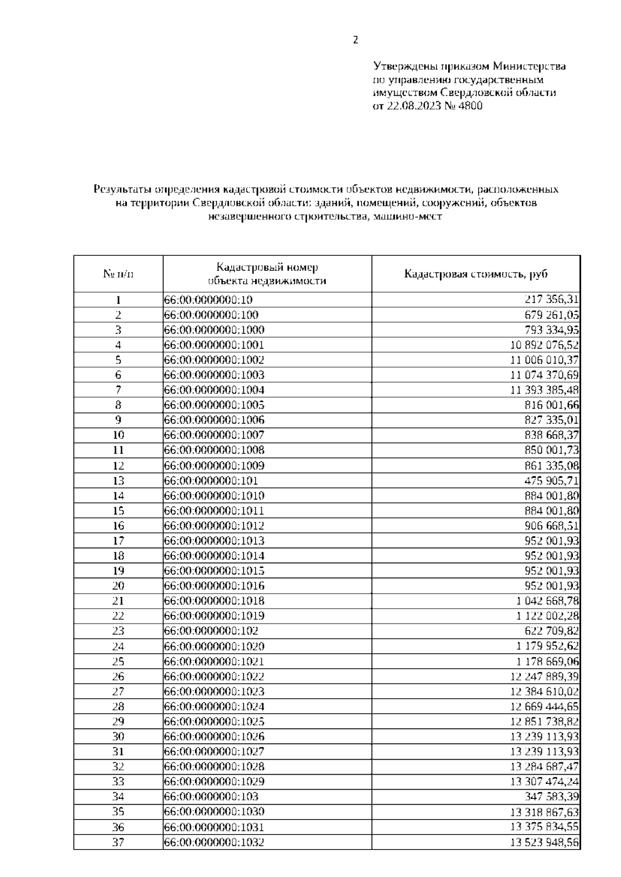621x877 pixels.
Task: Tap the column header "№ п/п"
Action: (x=118, y=274)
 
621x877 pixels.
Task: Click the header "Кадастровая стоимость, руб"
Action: (x=476, y=274)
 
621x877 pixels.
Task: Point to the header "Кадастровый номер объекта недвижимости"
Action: (x=267, y=274)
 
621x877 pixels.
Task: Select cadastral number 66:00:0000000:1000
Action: (x=214, y=330)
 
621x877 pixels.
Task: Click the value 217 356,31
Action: (x=552, y=300)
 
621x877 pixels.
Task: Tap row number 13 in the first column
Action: (x=118, y=480)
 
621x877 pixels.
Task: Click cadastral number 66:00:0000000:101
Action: (x=211, y=480)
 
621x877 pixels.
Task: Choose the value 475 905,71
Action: (x=552, y=480)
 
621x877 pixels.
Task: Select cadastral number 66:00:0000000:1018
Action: (x=214, y=601)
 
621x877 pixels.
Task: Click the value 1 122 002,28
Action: (x=548, y=616)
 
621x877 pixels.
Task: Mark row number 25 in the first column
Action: (x=118, y=661)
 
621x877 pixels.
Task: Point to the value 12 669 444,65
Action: (x=544, y=706)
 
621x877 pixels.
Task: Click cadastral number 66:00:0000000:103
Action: (x=211, y=797)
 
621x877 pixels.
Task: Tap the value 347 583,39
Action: (x=552, y=797)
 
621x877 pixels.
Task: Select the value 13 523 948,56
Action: (x=544, y=842)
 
